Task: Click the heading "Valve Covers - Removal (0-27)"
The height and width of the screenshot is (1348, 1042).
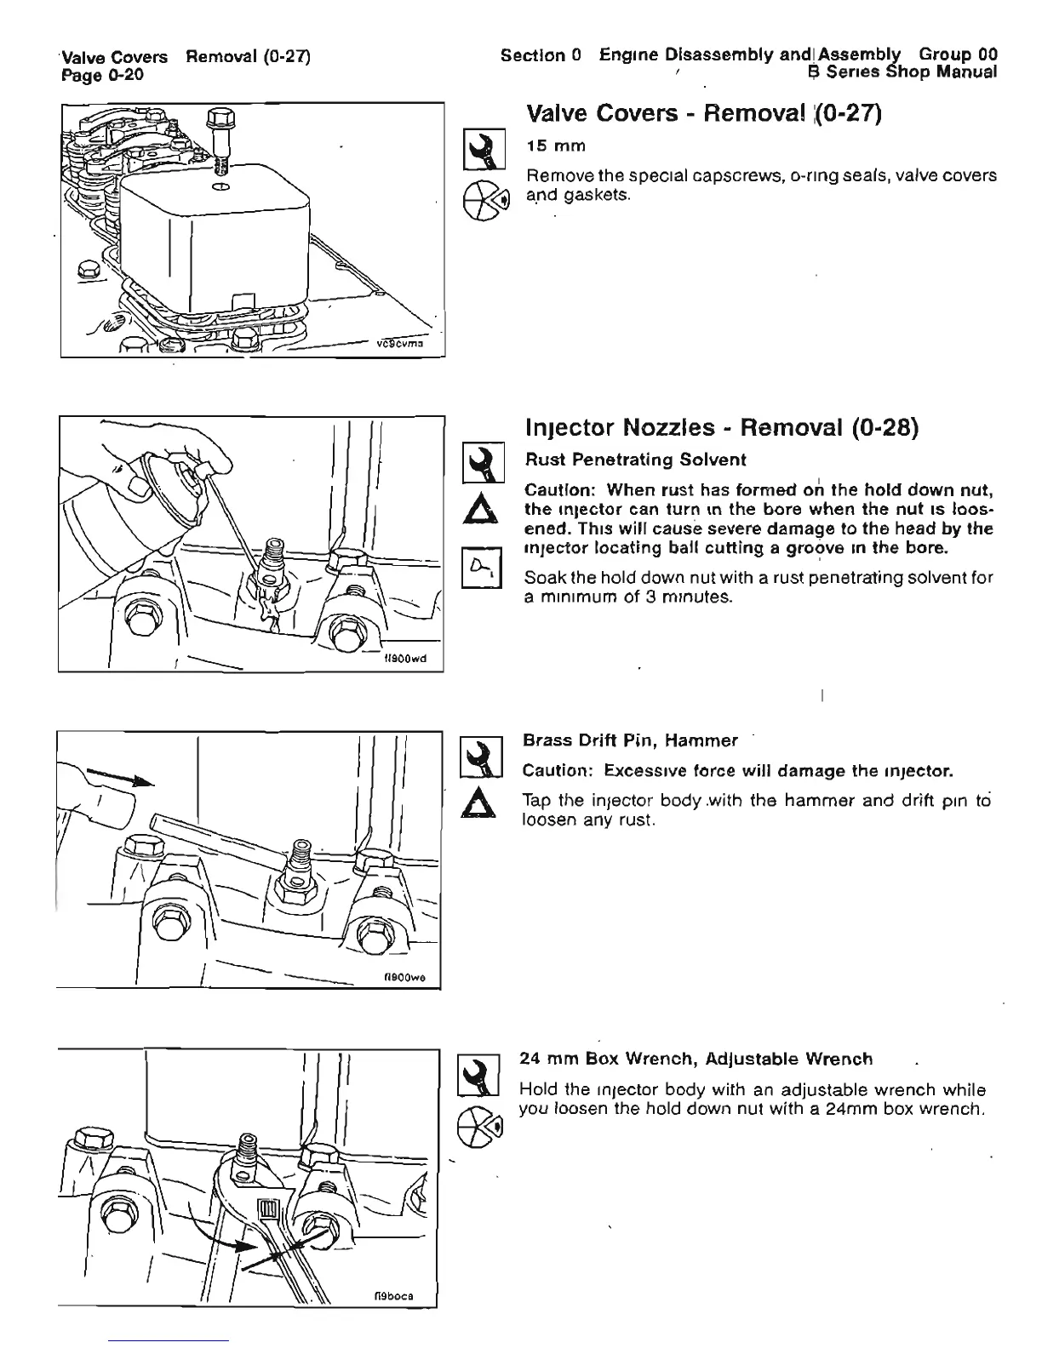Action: (703, 114)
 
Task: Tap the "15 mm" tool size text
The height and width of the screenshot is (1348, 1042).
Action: (556, 146)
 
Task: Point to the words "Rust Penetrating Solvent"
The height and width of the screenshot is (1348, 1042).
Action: (635, 460)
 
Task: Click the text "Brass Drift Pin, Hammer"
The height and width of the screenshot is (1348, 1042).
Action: (629, 740)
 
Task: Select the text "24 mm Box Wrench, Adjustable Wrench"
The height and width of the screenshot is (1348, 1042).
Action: (696, 1059)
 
